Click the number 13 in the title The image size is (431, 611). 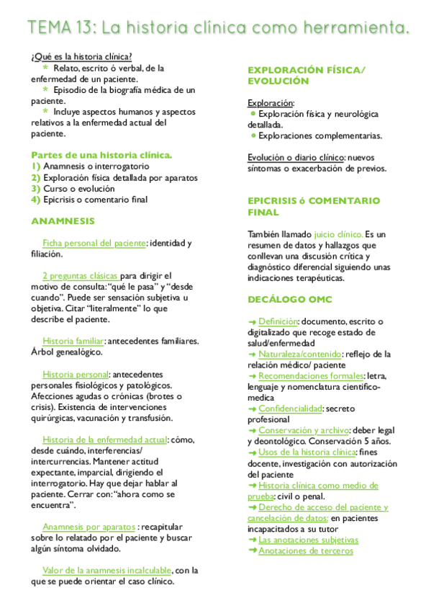click(81, 29)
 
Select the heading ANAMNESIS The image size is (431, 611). click(63, 220)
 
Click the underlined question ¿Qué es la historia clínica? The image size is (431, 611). click(81, 57)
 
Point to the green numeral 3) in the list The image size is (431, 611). click(35, 189)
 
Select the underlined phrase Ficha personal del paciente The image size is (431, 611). click(94, 243)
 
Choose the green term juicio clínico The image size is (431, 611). click(339, 235)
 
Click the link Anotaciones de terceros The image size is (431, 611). click(306, 550)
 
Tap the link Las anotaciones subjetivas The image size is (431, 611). click(308, 540)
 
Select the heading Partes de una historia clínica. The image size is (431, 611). click(101, 154)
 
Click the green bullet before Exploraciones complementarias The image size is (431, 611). click(253, 135)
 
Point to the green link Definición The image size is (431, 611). click(278, 320)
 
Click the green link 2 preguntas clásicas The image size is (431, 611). click(80, 275)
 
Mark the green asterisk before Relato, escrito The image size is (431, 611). click(46, 68)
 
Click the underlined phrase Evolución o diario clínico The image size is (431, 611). click(296, 158)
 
